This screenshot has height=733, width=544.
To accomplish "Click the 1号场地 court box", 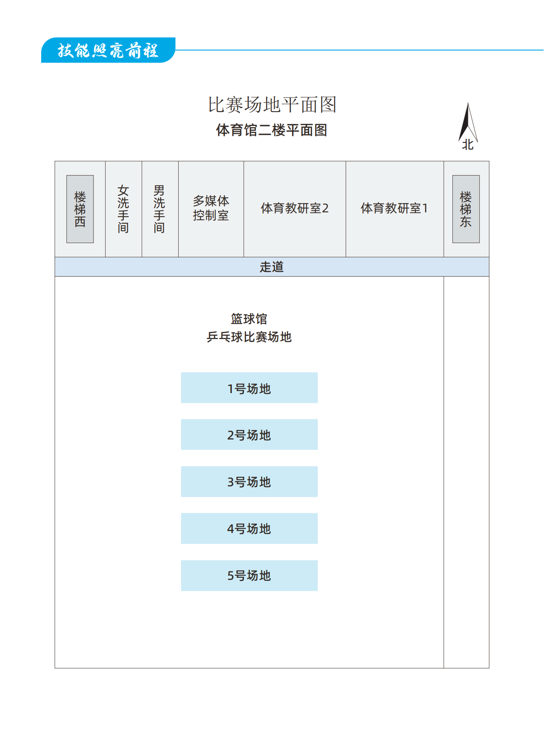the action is point(249,387).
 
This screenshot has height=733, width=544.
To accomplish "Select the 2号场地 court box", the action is point(249,434).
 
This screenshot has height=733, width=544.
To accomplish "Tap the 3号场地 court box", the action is point(249,481).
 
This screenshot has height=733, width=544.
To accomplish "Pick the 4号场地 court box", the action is point(249,528).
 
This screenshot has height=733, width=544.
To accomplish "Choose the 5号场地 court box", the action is point(249,575).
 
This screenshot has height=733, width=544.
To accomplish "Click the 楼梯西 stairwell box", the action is point(80,209).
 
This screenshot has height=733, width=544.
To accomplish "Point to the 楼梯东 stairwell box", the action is point(466,209).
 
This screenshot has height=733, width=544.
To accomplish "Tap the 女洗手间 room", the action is point(124,209).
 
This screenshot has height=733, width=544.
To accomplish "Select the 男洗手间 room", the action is point(160,209).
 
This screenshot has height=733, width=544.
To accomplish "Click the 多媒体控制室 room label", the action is point(211,208).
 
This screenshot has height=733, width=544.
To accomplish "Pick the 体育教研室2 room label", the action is point(295,208).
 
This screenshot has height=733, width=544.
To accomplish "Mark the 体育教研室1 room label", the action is point(394,208).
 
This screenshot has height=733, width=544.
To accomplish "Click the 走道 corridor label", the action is point(272,267).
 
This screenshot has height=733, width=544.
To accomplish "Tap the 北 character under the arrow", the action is point(468,144).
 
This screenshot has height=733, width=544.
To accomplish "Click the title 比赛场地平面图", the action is point(272,105).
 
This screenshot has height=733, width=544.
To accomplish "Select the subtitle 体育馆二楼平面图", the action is point(272,130).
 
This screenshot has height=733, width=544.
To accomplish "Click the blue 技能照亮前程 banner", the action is point(108,50).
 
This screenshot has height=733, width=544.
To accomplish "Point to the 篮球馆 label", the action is point(249,319).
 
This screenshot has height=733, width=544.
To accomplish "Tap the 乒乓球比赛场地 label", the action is point(249,337).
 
